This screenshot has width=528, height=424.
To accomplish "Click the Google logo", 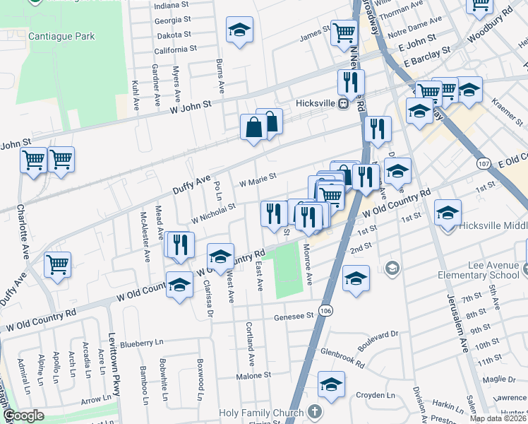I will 24,416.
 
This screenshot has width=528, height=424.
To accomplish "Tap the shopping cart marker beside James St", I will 343,31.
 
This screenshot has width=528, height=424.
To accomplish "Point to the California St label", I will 175,50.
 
